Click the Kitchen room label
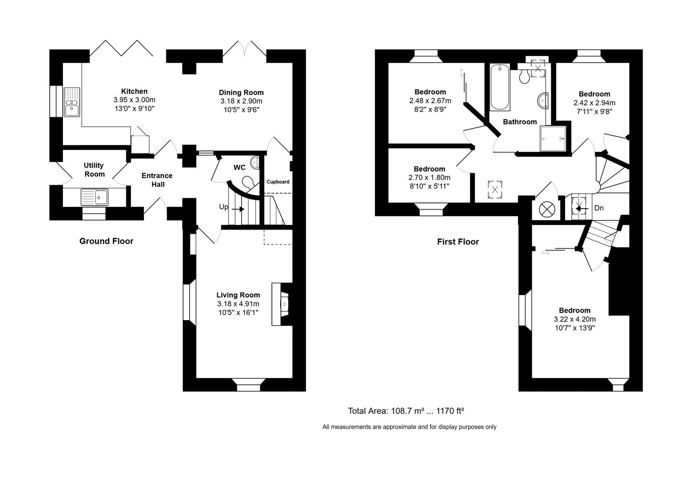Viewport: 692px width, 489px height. [134, 91]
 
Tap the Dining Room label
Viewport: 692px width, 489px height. [241, 92]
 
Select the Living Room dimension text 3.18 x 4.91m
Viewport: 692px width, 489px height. [238, 304]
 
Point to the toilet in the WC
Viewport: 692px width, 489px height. [248, 182]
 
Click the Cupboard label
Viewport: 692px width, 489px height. [277, 182]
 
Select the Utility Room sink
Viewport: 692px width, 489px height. [94, 197]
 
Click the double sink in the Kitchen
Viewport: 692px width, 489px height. [72, 102]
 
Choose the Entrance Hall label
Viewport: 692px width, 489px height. [157, 180]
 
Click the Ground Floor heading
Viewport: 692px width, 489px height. [106, 241]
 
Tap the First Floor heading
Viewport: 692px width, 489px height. [458, 241]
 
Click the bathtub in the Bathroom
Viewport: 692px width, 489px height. [500, 87]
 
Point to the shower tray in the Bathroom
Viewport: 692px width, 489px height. [553, 139]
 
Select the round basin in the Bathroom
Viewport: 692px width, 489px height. [543, 100]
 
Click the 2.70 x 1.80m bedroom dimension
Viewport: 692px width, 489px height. [430, 177]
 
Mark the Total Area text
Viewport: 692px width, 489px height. [406, 411]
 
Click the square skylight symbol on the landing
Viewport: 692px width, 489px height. [495, 189]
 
